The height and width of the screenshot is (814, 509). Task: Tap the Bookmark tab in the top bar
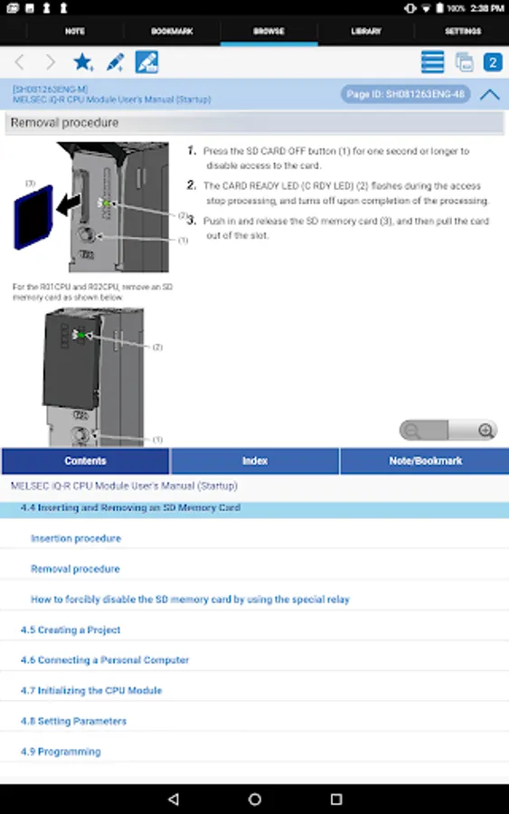172,31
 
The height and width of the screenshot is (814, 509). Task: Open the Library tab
366,31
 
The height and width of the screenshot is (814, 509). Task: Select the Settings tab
463,31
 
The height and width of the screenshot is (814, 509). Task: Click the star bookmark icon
83,62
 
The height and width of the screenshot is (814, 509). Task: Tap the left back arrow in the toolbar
20,62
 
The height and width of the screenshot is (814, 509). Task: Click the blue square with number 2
493,62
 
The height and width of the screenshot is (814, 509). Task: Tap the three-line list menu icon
432,62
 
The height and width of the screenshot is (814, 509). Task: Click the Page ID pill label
406,94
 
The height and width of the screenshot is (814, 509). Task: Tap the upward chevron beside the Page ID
490,94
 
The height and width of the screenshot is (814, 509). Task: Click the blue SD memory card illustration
33,217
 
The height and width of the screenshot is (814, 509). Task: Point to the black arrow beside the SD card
69,204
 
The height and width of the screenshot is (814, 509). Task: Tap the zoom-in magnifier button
485,431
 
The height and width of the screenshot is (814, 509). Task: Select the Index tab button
255,461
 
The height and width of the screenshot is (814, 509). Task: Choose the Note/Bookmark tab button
426,461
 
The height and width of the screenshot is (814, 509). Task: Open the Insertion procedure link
76,538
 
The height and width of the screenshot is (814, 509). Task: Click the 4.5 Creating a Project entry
71,629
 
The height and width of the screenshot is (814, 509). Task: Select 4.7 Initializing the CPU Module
91,690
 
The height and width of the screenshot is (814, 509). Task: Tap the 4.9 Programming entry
61,752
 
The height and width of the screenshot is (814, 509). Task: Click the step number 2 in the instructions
192,185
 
